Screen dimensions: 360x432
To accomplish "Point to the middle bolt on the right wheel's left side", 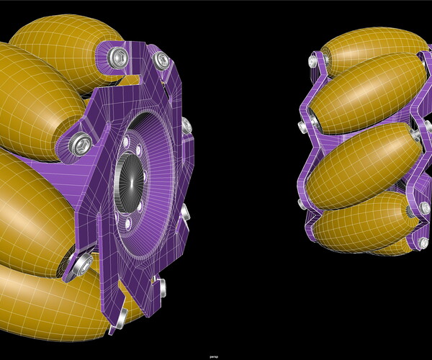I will coord(301,127).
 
